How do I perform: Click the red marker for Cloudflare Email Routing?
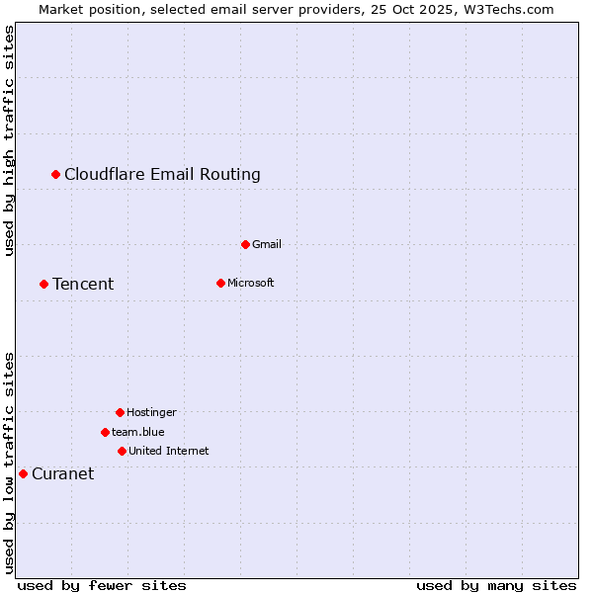click(x=56, y=174)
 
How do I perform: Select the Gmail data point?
click(x=245, y=244)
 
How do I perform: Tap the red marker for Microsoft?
click(x=220, y=283)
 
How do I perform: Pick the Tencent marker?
click(x=43, y=284)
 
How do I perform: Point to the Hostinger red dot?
click(x=120, y=412)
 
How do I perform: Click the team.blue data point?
click(x=105, y=432)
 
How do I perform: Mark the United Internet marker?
click(x=122, y=451)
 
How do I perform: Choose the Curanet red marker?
click(x=23, y=473)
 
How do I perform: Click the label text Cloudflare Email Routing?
click(x=162, y=175)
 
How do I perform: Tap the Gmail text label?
click(x=267, y=244)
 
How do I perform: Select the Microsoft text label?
click(x=250, y=283)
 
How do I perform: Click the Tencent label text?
click(x=83, y=285)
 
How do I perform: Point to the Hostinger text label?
click(x=151, y=412)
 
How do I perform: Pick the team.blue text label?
click(x=138, y=432)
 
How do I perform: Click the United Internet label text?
click(x=168, y=451)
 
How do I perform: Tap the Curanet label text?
click(x=62, y=474)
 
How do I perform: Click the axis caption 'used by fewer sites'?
click(x=102, y=585)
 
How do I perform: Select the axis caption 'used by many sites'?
click(x=496, y=585)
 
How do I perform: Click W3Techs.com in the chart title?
click(x=510, y=9)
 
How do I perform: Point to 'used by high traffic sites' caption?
click(x=10, y=140)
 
